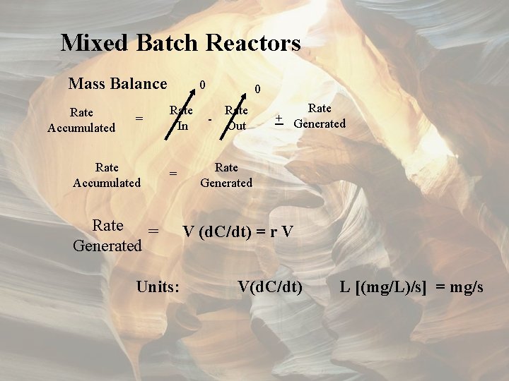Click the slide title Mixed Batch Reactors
[x=180, y=43]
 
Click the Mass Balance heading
[x=117, y=84]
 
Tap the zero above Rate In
[x=202, y=85]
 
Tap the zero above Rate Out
[x=258, y=90]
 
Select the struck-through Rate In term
[x=182, y=118]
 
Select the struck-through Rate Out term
[x=236, y=118]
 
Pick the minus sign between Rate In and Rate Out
[x=210, y=119]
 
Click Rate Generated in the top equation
[x=320, y=116]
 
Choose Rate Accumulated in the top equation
[x=81, y=120]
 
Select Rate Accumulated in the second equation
[x=107, y=175]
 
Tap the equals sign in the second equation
[x=172, y=174]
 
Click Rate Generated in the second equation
[x=226, y=175]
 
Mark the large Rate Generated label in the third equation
[x=107, y=236]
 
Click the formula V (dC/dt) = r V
[x=238, y=231]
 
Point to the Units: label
[x=157, y=287]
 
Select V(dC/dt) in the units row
[x=270, y=287]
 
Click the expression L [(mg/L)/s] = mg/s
[x=411, y=287]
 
